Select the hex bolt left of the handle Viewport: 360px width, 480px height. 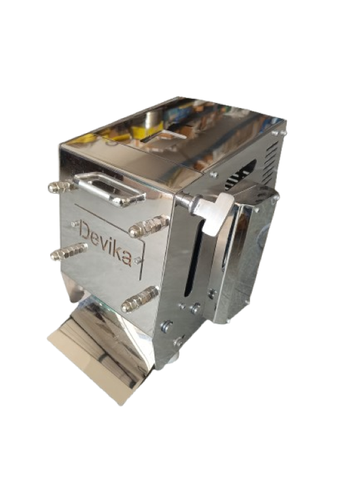coord(61,187)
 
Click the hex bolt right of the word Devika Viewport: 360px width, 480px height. coord(149,226)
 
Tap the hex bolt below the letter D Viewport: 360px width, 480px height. coord(69,251)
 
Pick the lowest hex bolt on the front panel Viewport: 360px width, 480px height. coord(139,299)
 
